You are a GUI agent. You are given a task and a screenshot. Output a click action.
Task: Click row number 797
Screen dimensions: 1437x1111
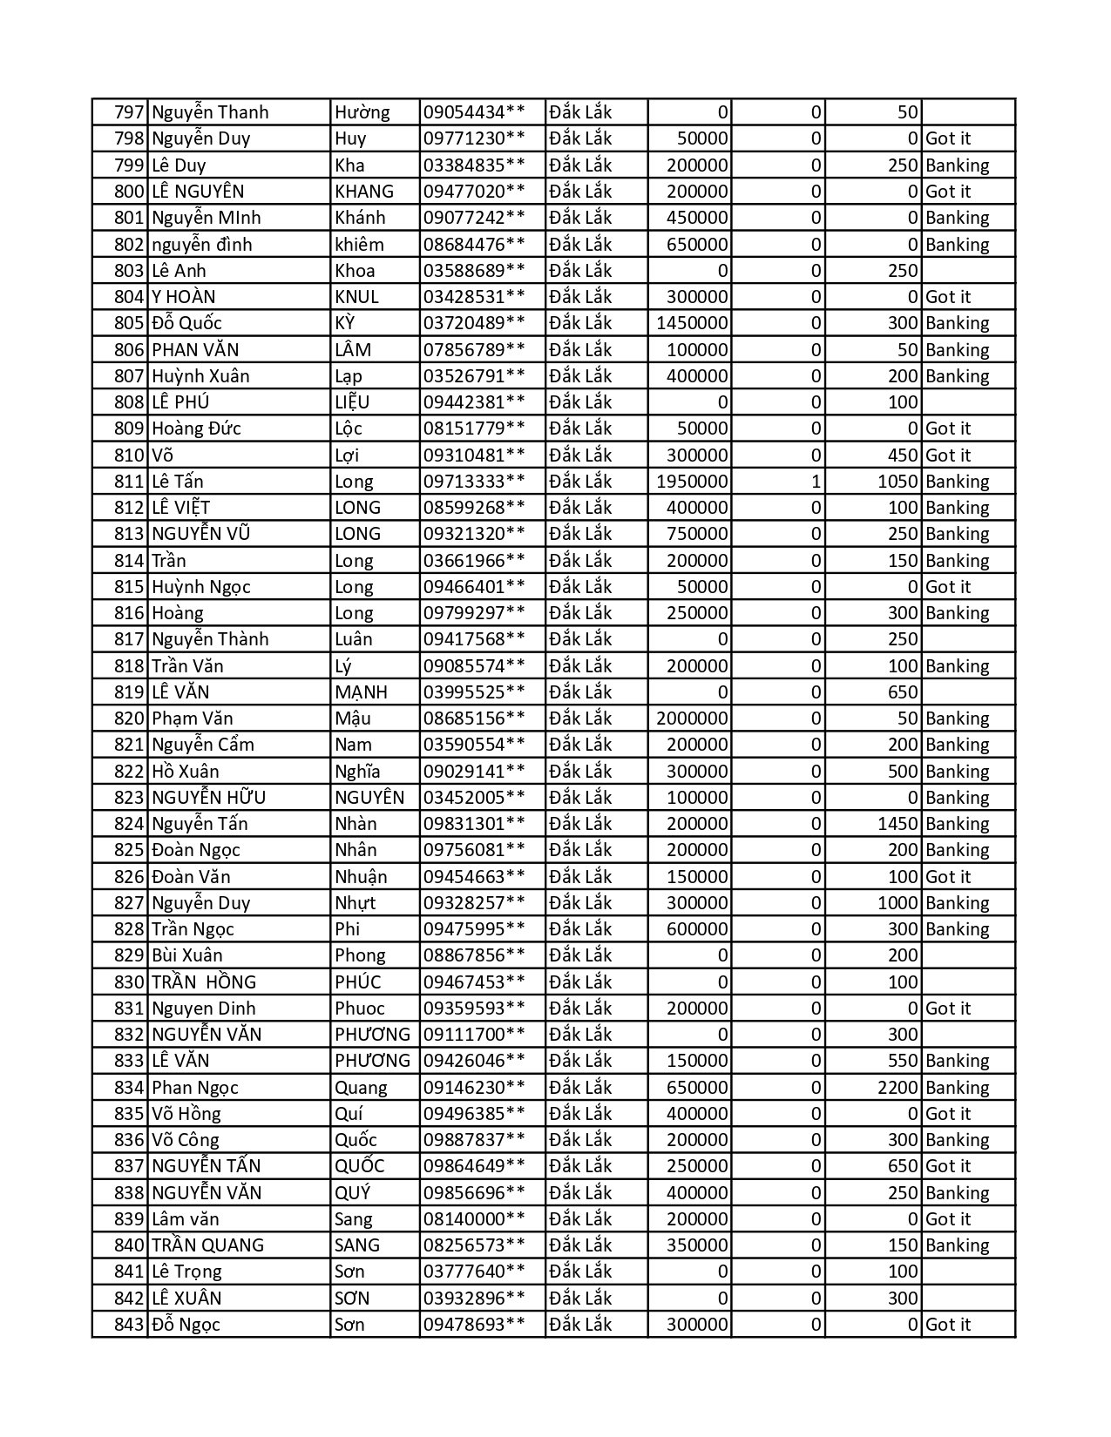click(x=129, y=112)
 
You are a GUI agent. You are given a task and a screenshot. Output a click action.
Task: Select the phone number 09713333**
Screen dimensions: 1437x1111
click(x=474, y=482)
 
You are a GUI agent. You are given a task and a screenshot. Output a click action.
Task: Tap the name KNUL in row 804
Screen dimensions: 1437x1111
click(x=356, y=297)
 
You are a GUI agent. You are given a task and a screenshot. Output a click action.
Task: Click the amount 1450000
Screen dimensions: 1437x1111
click(x=692, y=323)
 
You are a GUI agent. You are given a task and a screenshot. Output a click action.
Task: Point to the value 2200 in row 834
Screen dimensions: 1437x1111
click(x=898, y=1088)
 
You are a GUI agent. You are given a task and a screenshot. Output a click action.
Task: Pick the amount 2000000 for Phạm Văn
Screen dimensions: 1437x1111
click(x=692, y=718)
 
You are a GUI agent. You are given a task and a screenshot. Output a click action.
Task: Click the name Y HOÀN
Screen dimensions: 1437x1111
click(x=183, y=297)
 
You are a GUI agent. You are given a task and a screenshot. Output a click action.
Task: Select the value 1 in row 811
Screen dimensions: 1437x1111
click(x=816, y=482)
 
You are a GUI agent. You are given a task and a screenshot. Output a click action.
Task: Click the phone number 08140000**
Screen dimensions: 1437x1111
click(x=474, y=1219)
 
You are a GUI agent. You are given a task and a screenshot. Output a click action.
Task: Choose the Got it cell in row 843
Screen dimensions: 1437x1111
click(x=947, y=1325)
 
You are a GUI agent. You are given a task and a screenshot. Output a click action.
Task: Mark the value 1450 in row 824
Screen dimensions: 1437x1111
click(x=898, y=824)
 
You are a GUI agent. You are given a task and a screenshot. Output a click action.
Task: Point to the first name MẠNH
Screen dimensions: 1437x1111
click(x=361, y=692)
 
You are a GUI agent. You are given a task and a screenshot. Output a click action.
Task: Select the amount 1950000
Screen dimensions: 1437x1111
click(x=692, y=482)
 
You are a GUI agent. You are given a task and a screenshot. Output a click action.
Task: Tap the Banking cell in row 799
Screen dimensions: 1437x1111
click(x=957, y=165)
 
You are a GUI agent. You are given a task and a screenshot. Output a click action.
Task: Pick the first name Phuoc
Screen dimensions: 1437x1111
click(x=359, y=1009)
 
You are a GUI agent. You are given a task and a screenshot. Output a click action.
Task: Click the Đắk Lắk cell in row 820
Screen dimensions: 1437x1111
click(x=580, y=718)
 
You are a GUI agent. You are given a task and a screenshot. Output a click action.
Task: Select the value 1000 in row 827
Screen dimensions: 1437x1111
click(x=898, y=903)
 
